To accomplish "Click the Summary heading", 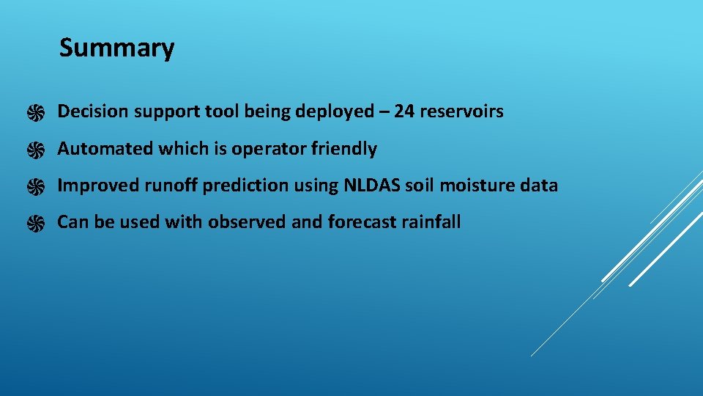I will pos(116,48).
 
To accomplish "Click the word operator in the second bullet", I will pos(269,150).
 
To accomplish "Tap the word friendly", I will pos(344,149).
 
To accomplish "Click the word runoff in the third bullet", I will pos(171,186).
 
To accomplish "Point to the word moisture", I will pos(480,186).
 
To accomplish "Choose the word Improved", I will pos(98,186).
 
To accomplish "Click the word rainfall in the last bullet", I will pos(431,222).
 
